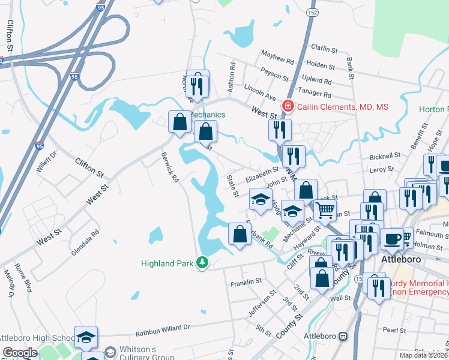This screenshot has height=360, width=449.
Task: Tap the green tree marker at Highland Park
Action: point(203,263)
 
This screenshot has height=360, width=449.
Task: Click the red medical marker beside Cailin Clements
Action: point(288,107)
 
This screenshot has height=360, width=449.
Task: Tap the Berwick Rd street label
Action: point(170,167)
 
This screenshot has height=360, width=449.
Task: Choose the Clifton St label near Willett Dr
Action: point(89,167)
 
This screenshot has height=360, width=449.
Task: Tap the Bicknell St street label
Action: point(385,155)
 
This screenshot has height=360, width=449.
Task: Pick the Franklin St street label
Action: point(246,281)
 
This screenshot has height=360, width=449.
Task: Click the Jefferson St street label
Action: point(262,304)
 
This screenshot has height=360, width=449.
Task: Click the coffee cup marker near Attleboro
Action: point(392,238)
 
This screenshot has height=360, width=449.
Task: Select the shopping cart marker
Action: point(325,209)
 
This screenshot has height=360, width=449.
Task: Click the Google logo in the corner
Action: point(20,353)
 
